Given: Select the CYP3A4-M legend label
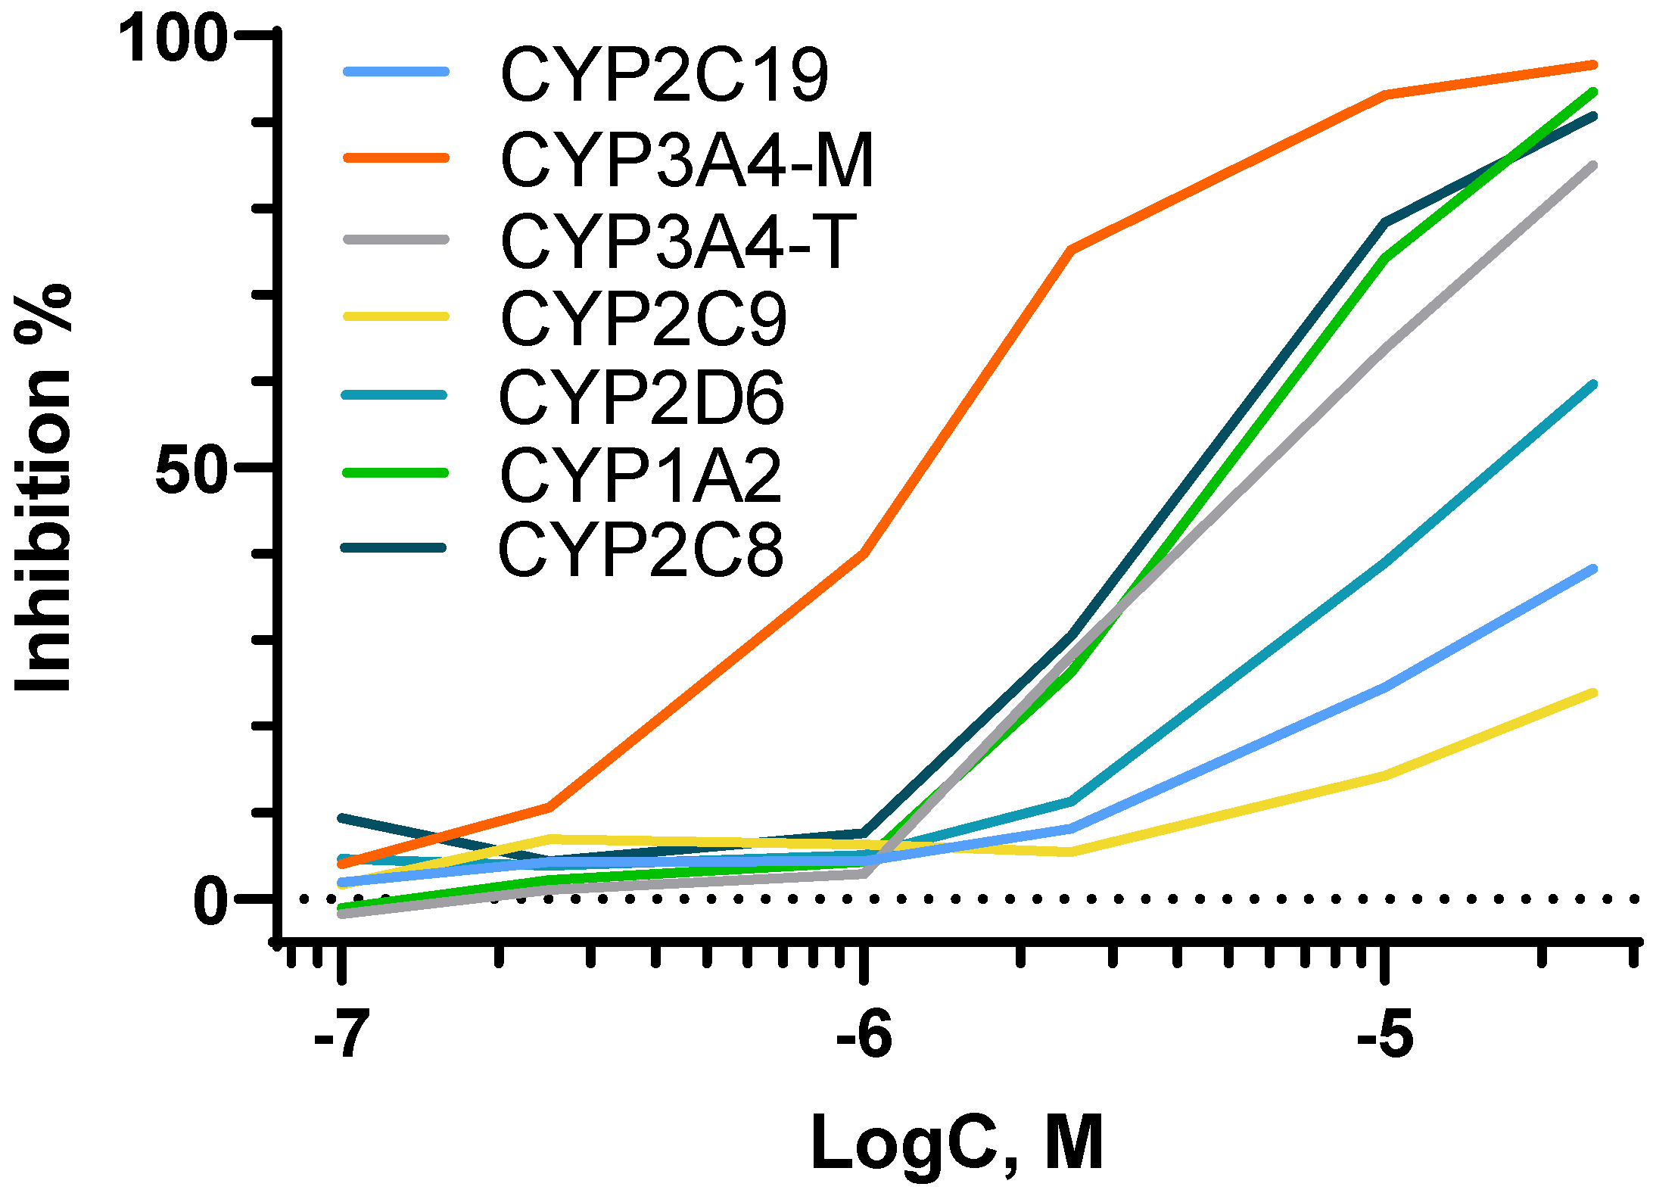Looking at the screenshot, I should point(687,160).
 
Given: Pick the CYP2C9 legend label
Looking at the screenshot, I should point(644,319).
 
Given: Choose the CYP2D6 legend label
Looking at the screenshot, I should point(642,397).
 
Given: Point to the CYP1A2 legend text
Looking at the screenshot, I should point(640,475).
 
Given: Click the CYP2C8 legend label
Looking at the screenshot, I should point(641,550).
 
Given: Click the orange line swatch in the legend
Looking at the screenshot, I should point(396,158).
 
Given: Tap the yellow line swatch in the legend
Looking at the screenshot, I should point(396,316).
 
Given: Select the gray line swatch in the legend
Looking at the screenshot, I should point(396,239).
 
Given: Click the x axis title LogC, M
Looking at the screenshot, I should point(957,1144).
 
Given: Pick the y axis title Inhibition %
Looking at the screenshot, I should point(44,488).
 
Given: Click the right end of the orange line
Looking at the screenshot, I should point(1593,66).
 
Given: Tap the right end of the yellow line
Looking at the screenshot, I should point(1593,693).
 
